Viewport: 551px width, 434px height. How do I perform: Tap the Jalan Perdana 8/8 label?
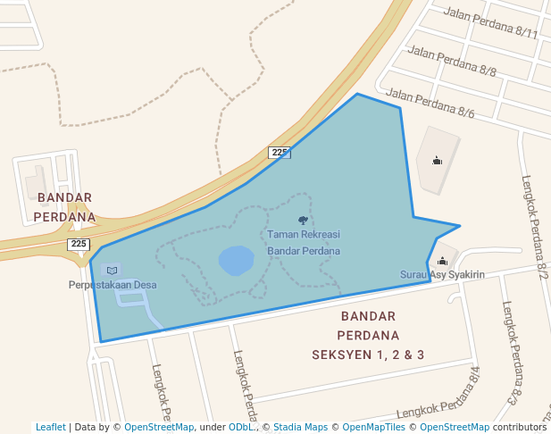tap(452, 58)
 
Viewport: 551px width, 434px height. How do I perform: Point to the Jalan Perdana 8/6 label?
tap(430, 102)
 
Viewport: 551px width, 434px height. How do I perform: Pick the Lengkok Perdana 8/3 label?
tap(510, 352)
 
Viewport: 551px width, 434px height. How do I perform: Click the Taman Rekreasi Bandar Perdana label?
tap(304, 242)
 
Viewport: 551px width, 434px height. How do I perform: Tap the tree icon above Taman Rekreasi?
tap(304, 220)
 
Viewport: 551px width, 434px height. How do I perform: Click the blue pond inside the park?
tap(236, 261)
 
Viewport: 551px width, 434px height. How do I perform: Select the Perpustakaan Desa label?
tap(113, 285)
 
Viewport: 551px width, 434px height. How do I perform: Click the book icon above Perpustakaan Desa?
tap(112, 270)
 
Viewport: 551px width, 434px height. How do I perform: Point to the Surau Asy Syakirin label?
tap(442, 275)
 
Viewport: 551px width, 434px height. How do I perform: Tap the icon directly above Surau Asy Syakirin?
tap(442, 261)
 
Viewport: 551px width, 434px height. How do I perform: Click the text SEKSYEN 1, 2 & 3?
tap(367, 355)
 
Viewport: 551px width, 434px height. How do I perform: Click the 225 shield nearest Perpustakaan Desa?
tap(79, 244)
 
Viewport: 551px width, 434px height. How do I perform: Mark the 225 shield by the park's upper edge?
tap(280, 153)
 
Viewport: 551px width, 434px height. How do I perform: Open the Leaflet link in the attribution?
tap(50, 427)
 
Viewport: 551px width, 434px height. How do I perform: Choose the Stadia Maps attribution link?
tap(300, 427)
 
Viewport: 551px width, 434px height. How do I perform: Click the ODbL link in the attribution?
tap(240, 427)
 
